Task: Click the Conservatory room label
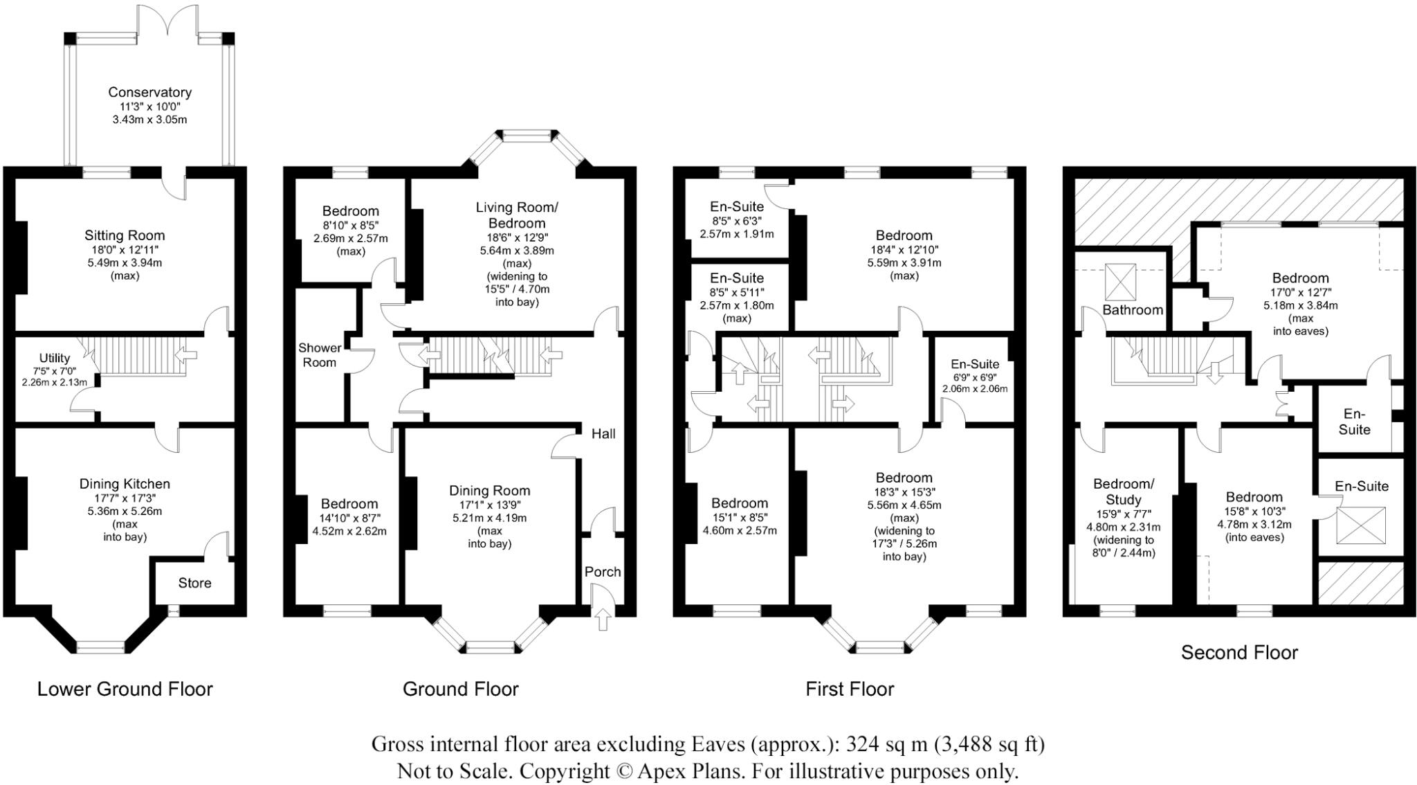[149, 92]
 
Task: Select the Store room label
[194, 583]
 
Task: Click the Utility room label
[54, 358]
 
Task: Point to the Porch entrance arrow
[603, 618]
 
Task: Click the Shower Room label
[319, 354]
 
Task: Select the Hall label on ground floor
[603, 434]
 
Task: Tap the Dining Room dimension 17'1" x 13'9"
[490, 505]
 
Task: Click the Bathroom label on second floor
[1133, 309]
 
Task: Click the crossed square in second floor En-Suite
[1361, 525]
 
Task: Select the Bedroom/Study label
[1124, 491]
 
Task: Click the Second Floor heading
[1239, 652]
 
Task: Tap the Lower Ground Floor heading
[125, 689]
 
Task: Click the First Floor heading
[850, 689]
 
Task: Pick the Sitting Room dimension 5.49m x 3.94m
[125, 262]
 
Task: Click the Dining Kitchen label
[125, 484]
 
